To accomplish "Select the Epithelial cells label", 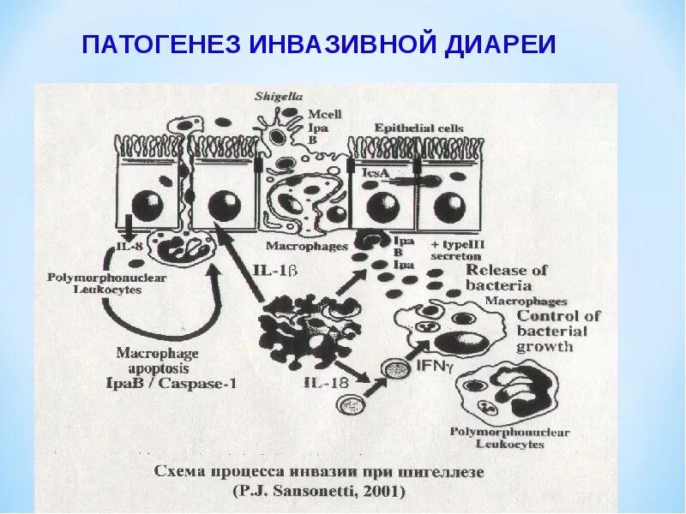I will coord(418,128).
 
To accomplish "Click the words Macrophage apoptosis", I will coord(157,360).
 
